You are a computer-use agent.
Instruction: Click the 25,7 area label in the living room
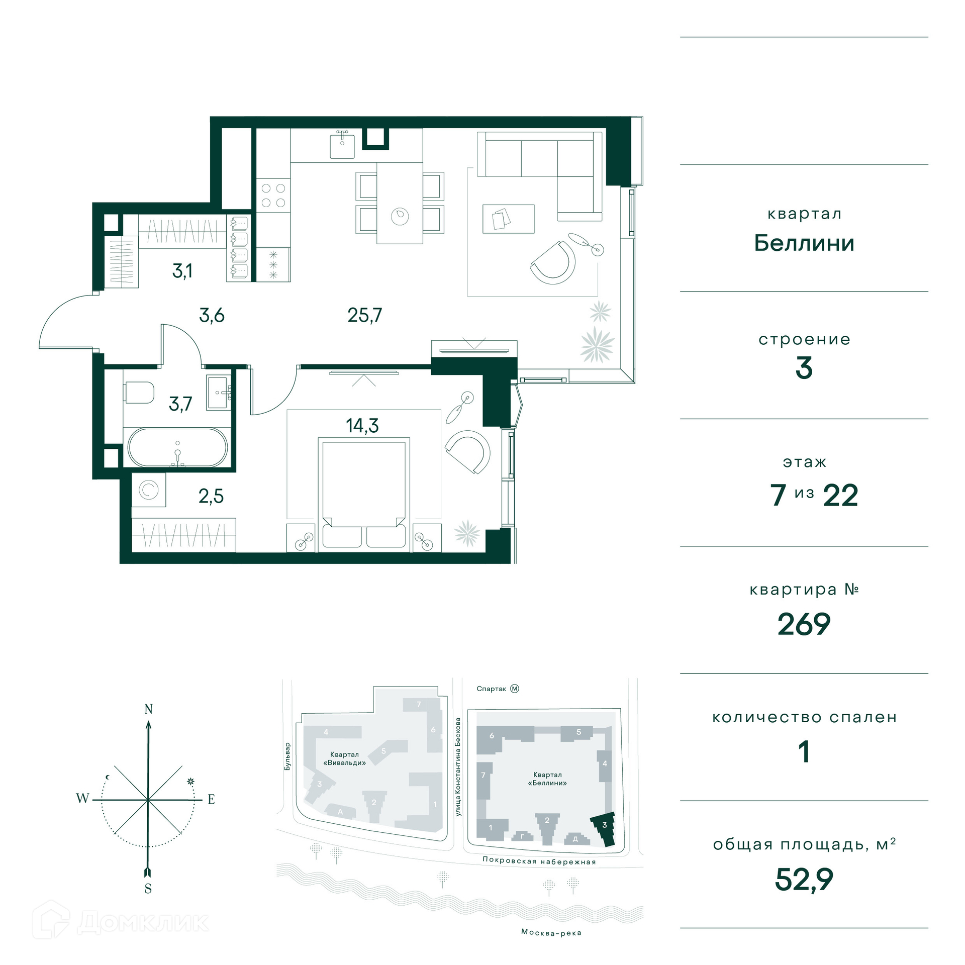[364, 315]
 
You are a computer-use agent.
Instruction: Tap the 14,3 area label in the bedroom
[362, 426]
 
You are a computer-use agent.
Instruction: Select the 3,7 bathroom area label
[180, 404]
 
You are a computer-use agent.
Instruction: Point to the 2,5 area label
[211, 496]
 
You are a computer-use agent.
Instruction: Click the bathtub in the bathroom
[177, 448]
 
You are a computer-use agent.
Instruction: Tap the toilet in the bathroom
[139, 392]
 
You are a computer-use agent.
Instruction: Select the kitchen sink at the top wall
[342, 145]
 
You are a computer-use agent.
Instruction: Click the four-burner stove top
[273, 196]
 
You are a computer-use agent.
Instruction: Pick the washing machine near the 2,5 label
[149, 490]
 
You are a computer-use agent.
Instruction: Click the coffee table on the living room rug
[508, 219]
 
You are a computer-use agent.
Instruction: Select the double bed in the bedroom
[364, 495]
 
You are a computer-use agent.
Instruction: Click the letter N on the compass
[148, 709]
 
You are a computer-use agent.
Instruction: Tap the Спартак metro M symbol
[514, 689]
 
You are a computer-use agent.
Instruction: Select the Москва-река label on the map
[551, 932]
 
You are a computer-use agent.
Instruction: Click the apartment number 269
[804, 624]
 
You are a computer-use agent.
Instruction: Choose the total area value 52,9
[804, 880]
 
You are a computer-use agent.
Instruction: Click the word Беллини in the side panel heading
[804, 243]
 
